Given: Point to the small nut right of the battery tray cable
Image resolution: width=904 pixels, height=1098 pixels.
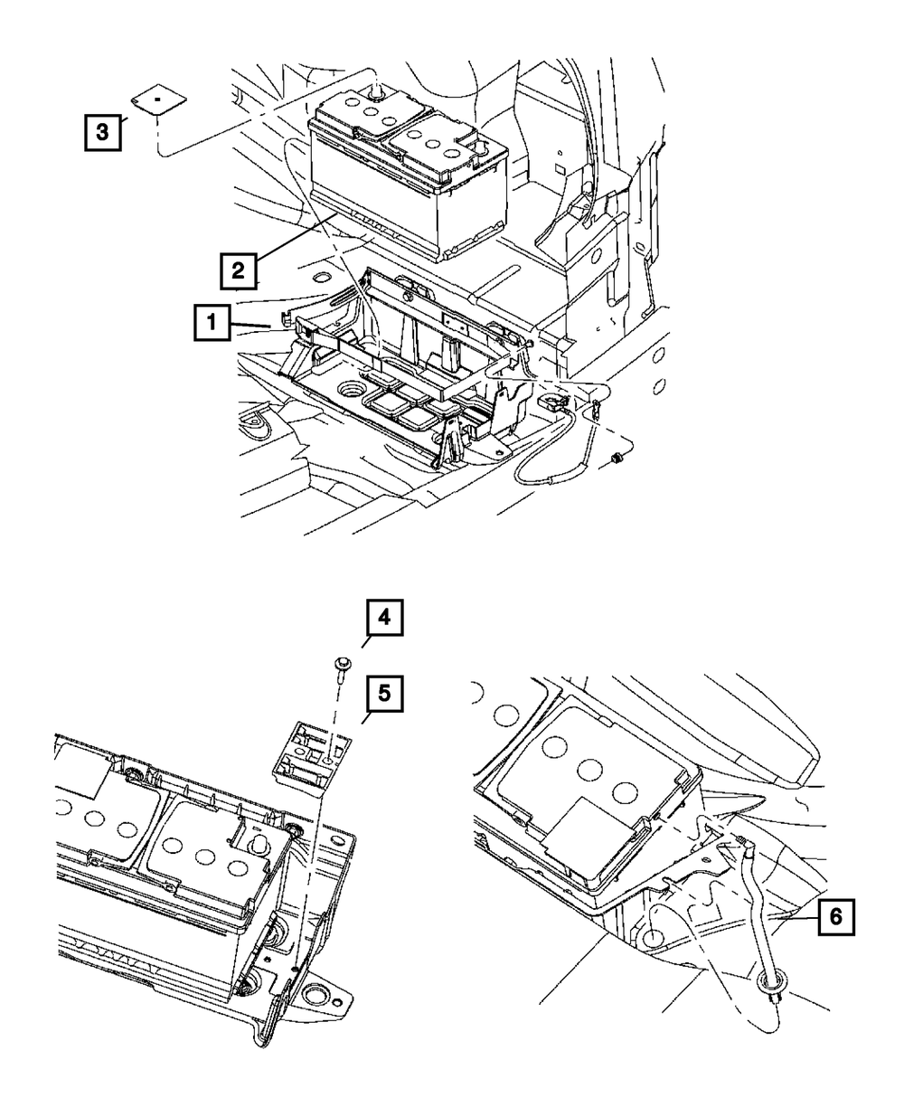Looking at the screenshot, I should pos(617,459).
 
